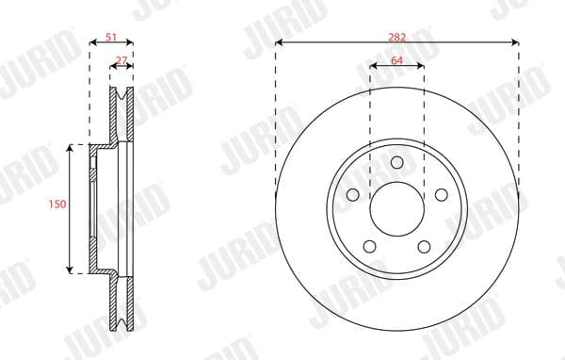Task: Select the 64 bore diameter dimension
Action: [396, 59]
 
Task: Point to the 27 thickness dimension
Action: [121, 59]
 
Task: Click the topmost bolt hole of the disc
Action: [396, 161]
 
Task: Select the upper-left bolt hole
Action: [353, 194]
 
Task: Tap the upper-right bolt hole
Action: [440, 194]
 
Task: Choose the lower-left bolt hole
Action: [369, 247]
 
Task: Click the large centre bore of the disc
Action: [396, 209]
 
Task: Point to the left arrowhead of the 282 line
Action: [279, 42]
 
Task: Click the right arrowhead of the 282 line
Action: [516, 42]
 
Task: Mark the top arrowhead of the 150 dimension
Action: [71, 148]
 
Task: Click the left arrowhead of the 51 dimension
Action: [91, 42]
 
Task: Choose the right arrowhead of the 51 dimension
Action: [131, 42]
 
